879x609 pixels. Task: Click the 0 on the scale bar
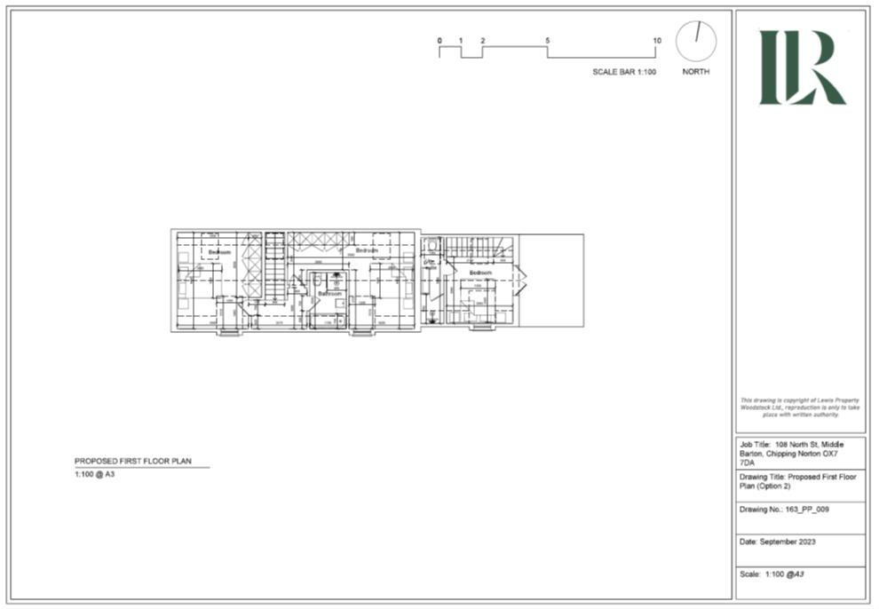(x=439, y=41)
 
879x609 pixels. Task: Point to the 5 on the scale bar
(x=548, y=41)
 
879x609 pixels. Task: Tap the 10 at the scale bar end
(x=657, y=41)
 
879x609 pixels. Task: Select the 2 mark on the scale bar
(x=483, y=41)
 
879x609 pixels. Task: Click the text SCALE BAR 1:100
(x=624, y=72)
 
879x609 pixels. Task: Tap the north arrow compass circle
(x=696, y=41)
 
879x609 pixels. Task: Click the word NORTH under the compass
(x=696, y=72)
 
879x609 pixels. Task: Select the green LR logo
(x=801, y=67)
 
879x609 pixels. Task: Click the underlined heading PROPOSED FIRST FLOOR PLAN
(x=132, y=462)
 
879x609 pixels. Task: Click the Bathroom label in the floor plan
(x=330, y=293)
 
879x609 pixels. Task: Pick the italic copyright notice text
(x=800, y=407)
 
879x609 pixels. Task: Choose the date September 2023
(x=788, y=542)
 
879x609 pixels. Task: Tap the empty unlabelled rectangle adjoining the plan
(x=551, y=282)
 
